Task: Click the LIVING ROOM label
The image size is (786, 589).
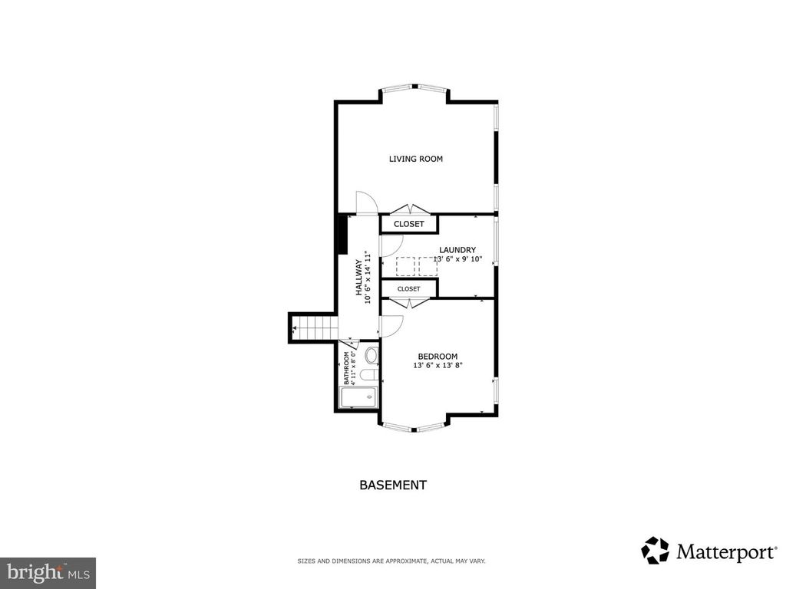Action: click(415, 159)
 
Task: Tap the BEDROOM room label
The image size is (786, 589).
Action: click(438, 356)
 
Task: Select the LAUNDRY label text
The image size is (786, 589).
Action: click(457, 250)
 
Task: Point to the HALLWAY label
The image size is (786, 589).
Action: click(359, 278)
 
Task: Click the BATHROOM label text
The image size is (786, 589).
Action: click(346, 367)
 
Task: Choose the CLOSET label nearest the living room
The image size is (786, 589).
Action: click(408, 224)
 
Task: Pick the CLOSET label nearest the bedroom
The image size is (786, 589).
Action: click(408, 289)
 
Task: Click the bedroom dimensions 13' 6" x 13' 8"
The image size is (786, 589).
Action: click(438, 365)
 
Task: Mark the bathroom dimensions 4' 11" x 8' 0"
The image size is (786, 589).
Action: click(353, 368)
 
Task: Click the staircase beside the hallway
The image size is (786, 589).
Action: click(313, 327)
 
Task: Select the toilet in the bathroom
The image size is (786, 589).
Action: click(371, 376)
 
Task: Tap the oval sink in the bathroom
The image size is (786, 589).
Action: click(372, 356)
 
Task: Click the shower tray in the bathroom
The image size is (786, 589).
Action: click(359, 398)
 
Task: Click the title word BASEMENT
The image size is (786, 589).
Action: click(393, 485)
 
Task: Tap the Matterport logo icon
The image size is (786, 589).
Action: click(656, 551)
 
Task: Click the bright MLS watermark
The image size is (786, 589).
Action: click(48, 571)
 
